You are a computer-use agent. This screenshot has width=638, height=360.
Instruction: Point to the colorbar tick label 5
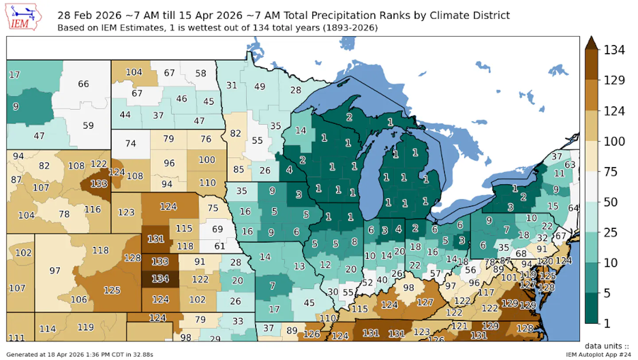coord(607,293)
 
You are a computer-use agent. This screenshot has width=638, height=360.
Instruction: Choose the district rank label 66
coord(83,84)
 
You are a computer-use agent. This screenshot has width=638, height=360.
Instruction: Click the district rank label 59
coord(88,125)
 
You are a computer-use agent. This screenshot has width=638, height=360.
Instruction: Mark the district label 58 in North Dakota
coord(201,73)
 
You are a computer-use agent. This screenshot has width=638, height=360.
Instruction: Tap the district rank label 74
coord(130,143)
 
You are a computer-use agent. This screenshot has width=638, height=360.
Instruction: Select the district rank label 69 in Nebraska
coord(217,229)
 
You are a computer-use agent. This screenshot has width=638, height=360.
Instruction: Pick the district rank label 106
coord(79,299)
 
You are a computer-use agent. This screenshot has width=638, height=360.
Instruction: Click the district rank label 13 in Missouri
coord(300,266)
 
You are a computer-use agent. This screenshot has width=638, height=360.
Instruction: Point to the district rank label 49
coord(259,86)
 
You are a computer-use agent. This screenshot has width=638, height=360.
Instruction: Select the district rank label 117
coord(486,293)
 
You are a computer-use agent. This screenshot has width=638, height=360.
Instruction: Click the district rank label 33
coord(238,321)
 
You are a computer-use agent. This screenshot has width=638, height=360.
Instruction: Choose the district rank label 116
coord(93,209)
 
